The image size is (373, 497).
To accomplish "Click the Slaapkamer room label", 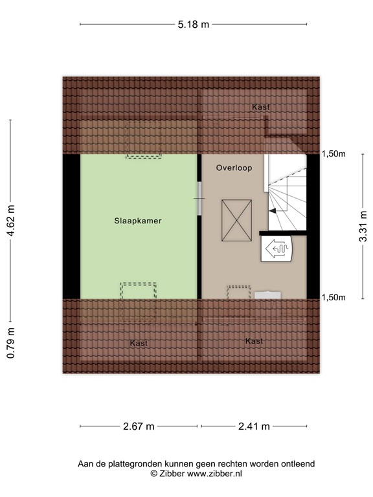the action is [x=138, y=221].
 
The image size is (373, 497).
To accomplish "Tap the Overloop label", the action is [x=234, y=168].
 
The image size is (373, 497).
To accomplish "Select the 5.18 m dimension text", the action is [x=193, y=24].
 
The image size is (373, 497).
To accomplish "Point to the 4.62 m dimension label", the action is [x=11, y=221].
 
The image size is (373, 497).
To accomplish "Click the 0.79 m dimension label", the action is [x=11, y=343].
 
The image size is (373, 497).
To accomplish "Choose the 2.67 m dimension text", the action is [x=139, y=426].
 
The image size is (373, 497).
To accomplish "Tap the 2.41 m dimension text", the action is [x=254, y=426].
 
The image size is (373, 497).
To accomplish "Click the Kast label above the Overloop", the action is [x=261, y=107].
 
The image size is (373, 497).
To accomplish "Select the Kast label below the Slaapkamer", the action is [x=139, y=343].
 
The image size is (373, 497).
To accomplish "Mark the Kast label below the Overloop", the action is [x=254, y=341].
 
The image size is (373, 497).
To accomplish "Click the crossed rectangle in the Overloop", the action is [x=236, y=220].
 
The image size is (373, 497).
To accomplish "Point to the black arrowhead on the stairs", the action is [x=272, y=210].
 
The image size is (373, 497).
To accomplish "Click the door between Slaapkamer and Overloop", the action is [x=199, y=199].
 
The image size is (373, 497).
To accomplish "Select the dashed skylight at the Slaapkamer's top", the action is [x=144, y=139].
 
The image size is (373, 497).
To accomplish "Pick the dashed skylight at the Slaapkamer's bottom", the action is [x=139, y=303].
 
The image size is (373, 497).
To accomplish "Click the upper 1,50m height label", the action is [x=333, y=154].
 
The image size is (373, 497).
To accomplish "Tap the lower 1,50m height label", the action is [x=333, y=297].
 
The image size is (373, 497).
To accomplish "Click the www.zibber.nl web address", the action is [x=214, y=474].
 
